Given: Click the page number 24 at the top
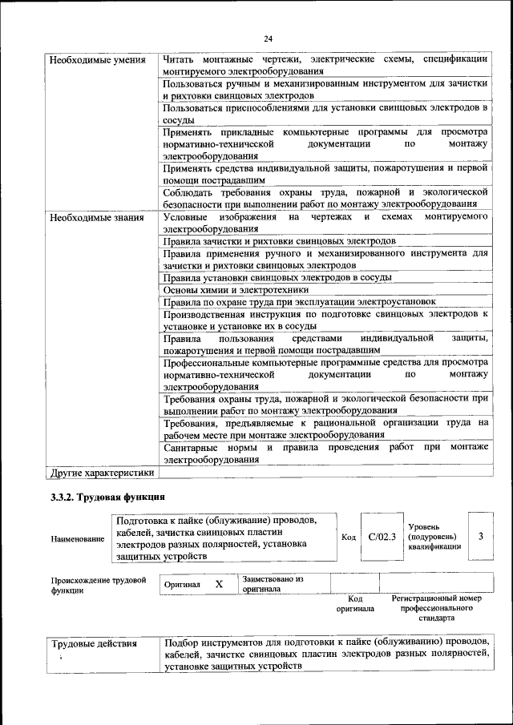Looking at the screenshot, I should coord(268,38).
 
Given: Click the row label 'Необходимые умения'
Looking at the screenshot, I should coord(97,60).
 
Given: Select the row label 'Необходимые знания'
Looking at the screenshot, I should coord(96,217).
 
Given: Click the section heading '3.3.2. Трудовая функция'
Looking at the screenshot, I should coord(107,497).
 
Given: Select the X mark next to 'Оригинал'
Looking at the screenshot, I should coord(218,585).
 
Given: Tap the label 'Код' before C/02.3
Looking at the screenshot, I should coord(349,537).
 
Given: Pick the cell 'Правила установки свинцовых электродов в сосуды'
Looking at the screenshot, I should coord(277,277).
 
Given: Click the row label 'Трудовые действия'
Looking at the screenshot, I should coord(94,643).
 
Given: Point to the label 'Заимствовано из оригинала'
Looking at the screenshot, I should coord(273,582).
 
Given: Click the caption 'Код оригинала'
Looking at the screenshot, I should coord(355,603).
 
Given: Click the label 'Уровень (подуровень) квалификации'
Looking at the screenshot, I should coord(434,536).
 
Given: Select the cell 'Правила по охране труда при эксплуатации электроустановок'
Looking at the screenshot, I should coord(299,302).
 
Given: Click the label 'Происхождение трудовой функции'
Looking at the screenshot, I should coord(98,584).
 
